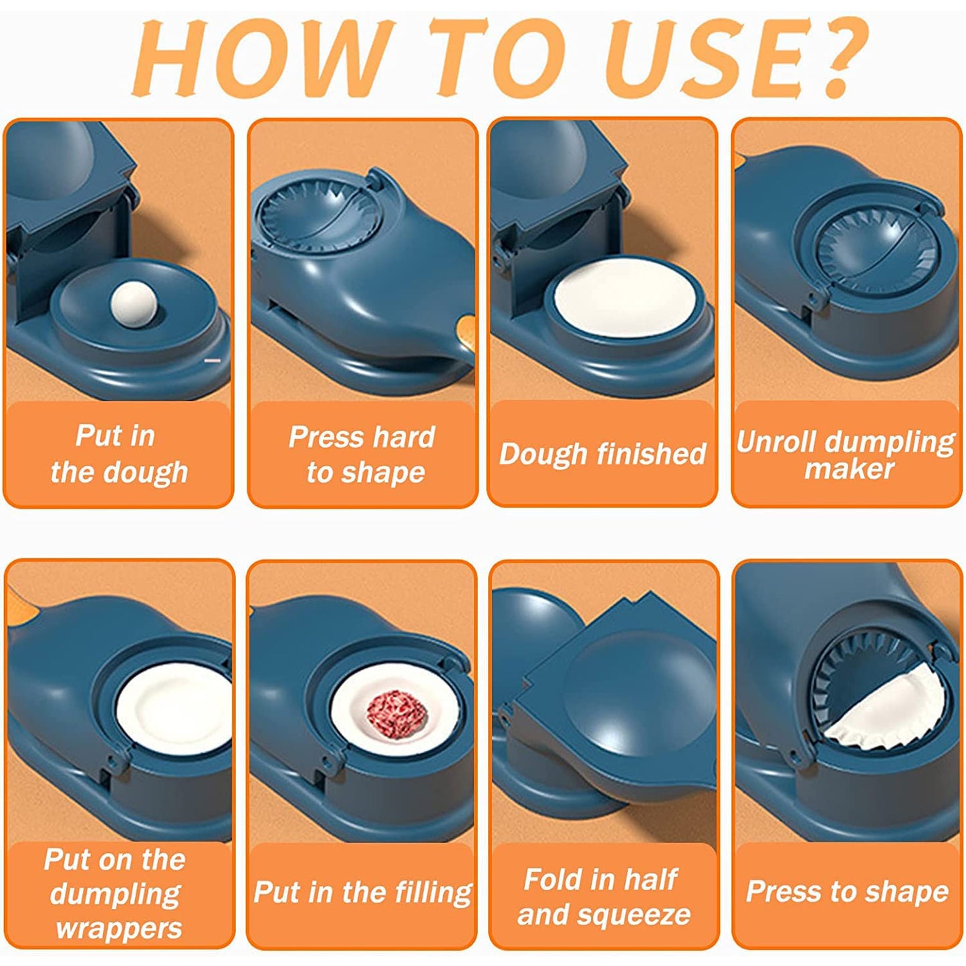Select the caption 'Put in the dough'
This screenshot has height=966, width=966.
click(x=118, y=454)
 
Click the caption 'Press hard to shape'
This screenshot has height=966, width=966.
click(x=362, y=455)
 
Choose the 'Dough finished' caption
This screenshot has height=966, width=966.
click(x=602, y=454)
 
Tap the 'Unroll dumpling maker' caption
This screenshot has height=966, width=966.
click(x=846, y=455)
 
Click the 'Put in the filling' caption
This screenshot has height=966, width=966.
click(x=362, y=892)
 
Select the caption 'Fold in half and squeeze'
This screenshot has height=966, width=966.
click(x=602, y=896)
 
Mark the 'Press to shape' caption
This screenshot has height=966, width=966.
click(x=846, y=892)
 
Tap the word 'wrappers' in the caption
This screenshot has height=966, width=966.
click(x=119, y=929)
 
